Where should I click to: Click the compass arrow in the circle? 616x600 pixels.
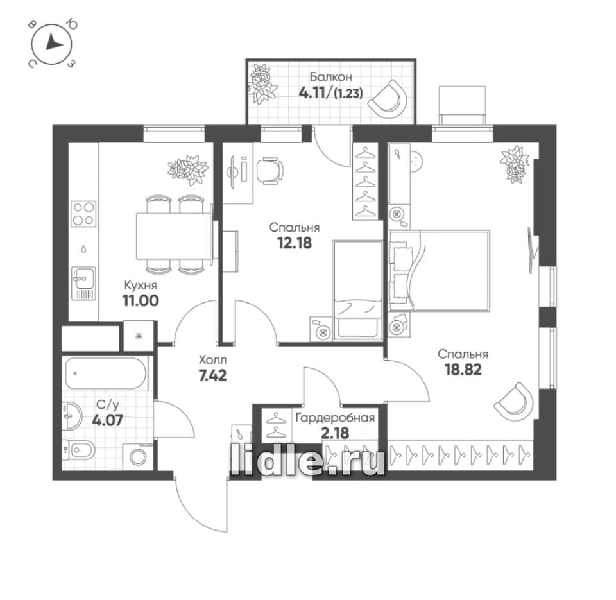54,43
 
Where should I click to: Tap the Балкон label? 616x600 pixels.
330,76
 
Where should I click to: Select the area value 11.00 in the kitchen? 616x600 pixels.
141,300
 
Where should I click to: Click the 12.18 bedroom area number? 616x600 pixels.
295,243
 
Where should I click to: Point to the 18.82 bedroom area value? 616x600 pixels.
463,370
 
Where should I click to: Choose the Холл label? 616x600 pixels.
212,359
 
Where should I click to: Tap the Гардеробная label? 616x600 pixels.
335,418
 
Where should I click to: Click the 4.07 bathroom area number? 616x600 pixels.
107,420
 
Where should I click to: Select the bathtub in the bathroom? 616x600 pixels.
106,373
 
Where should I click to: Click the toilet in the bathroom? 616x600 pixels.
79,449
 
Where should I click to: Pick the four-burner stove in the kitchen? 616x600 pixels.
83,214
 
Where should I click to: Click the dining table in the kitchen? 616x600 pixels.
174,236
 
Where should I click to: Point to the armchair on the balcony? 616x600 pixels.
388,99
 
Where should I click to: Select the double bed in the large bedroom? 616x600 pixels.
439,271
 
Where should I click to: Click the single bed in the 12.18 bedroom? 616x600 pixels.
357,289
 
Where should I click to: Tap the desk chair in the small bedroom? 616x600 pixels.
269,171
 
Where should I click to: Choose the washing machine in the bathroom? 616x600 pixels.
137,457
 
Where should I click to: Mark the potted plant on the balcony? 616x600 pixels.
261,83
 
